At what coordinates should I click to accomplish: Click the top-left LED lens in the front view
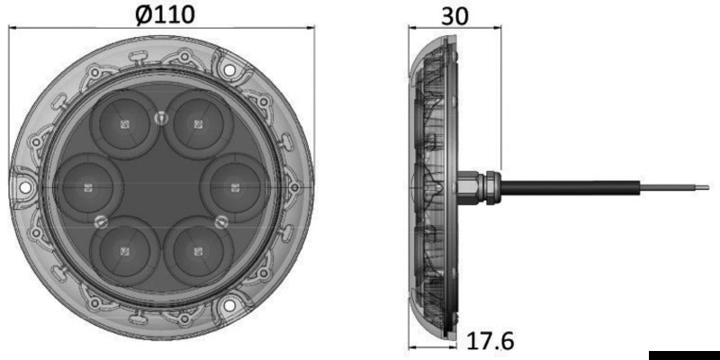click(124, 123)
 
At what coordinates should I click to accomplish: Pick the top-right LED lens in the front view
click(200, 123)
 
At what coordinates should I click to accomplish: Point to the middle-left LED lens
click(87, 187)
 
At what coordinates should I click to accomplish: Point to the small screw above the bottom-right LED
click(220, 220)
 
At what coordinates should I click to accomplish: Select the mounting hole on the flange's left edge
click(25, 188)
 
